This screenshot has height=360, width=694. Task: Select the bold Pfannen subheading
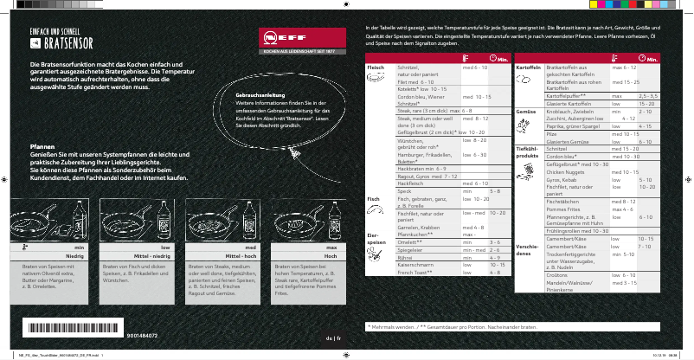click(43, 147)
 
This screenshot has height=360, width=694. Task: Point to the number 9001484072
click(143, 331)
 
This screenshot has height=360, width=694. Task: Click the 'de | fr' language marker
click(333, 337)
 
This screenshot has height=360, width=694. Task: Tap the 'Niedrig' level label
click(74, 257)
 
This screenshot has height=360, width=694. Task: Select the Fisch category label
click(374, 199)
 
